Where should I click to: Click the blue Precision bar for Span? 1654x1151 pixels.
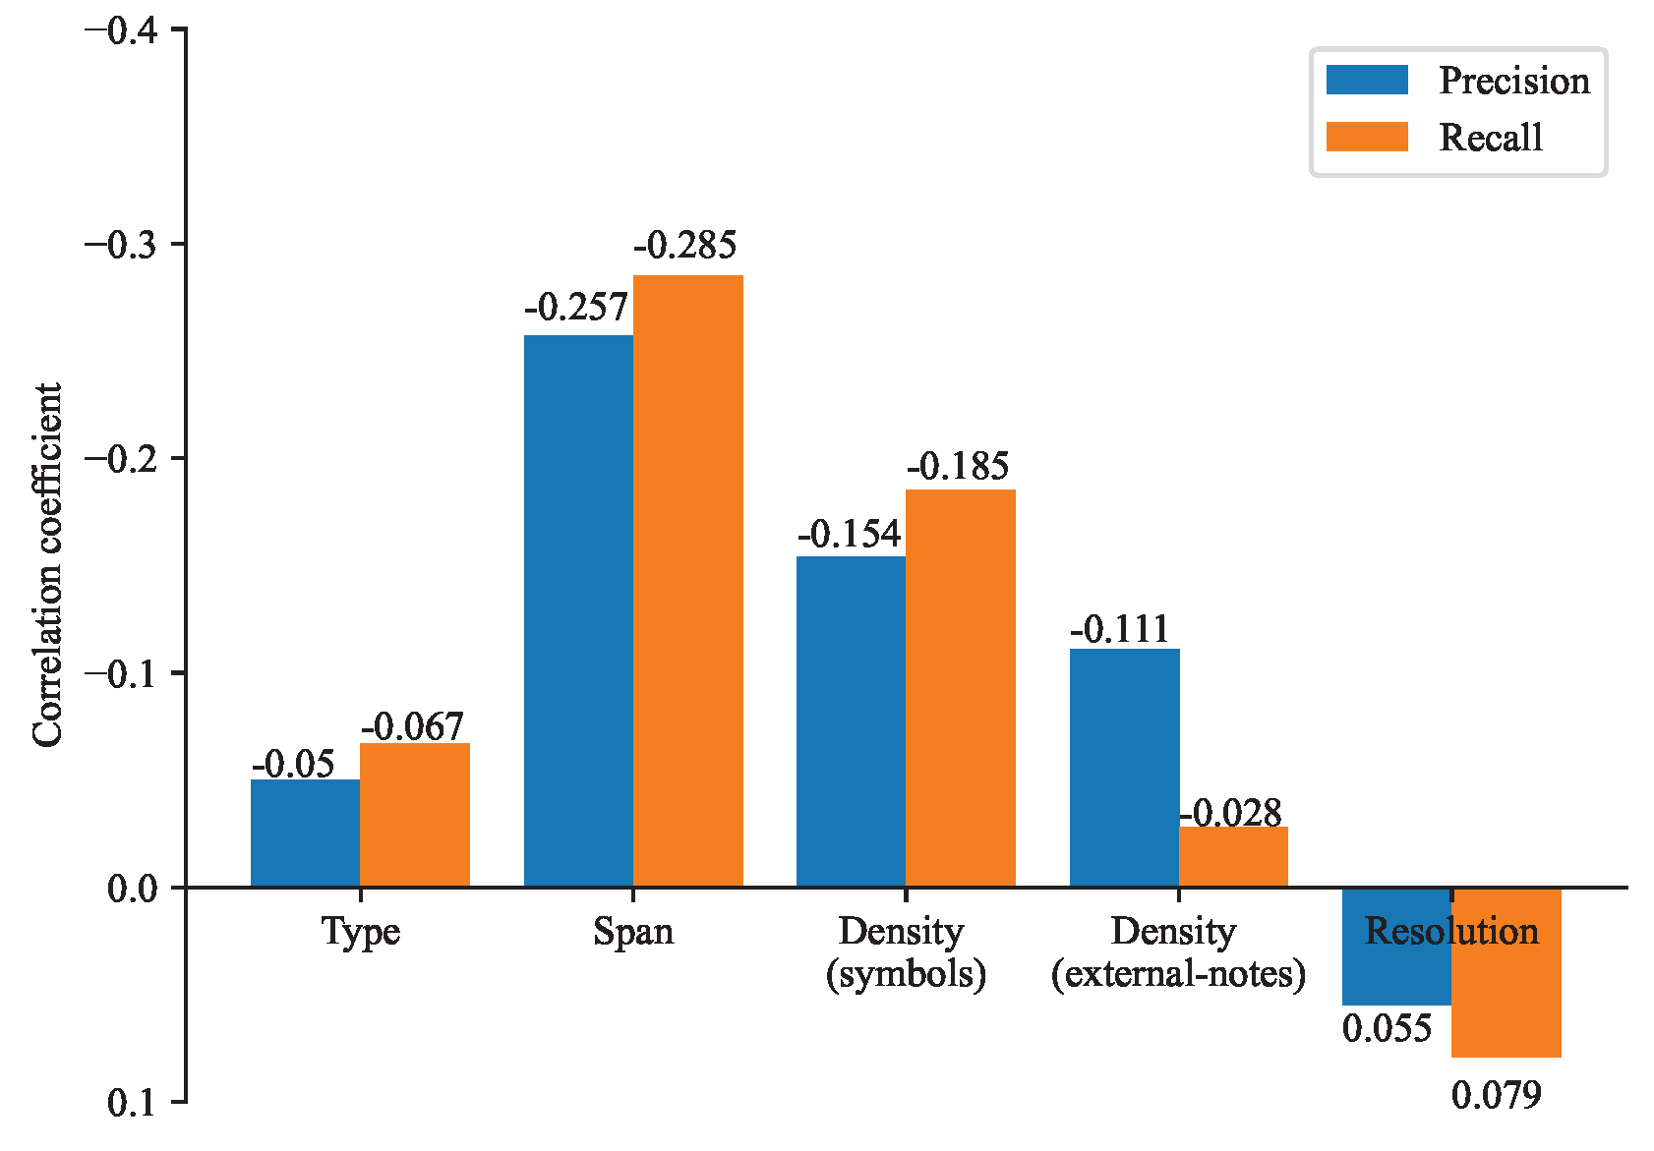pyautogui.click(x=578, y=609)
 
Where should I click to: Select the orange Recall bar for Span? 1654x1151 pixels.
pyautogui.click(x=687, y=580)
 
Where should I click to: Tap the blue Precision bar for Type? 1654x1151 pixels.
pyautogui.click(x=305, y=833)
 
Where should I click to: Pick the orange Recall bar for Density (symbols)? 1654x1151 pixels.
pyautogui.click(x=960, y=688)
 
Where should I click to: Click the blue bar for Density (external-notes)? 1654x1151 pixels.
pyautogui.click(x=1124, y=767)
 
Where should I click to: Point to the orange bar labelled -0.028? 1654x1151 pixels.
pyautogui.click(x=1233, y=857)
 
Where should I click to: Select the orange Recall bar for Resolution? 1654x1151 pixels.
pyautogui.click(x=1506, y=973)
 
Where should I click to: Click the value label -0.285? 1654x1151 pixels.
pyautogui.click(x=684, y=245)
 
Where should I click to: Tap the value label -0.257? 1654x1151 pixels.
pyautogui.click(x=576, y=308)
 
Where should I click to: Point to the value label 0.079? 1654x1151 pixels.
pyautogui.click(x=1496, y=1095)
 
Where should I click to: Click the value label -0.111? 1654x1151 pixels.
pyautogui.click(x=1120, y=629)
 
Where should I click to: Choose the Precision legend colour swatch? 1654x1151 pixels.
pyautogui.click(x=1366, y=81)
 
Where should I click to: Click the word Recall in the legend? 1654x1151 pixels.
pyautogui.click(x=1490, y=138)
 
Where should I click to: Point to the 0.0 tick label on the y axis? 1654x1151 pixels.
pyautogui.click(x=132, y=889)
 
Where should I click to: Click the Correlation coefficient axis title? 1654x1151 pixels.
pyautogui.click(x=47, y=565)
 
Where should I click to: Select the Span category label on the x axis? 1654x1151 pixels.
pyautogui.click(x=633, y=931)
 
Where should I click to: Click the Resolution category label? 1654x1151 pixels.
pyautogui.click(x=1451, y=931)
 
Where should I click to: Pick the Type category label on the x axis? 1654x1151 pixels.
pyautogui.click(x=360, y=931)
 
